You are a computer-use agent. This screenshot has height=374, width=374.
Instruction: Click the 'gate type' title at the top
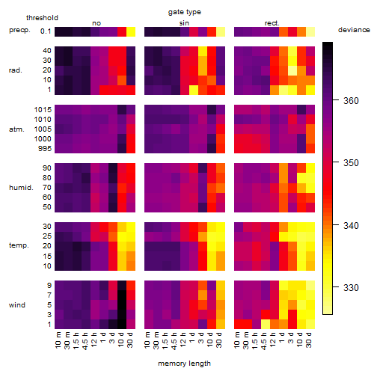(185, 12)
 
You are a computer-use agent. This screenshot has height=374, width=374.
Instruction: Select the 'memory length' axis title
(184, 364)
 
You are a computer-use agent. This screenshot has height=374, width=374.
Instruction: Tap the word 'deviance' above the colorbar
(354, 30)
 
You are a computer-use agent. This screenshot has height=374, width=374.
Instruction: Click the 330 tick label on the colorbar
(351, 288)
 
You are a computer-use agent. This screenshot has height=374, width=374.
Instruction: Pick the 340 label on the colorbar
(351, 226)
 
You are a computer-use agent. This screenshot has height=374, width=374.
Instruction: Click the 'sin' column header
(184, 23)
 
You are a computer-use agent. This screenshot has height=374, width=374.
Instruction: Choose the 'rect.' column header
(272, 23)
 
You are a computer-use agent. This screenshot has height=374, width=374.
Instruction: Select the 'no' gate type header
(96, 23)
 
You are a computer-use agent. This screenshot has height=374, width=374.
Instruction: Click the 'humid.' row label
(21, 188)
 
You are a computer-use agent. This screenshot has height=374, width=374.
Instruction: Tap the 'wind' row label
(17, 305)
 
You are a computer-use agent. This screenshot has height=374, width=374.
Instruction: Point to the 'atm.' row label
(16, 129)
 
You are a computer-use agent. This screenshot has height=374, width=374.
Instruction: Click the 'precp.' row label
(19, 30)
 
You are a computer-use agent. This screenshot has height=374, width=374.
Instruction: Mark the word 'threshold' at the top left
(42, 18)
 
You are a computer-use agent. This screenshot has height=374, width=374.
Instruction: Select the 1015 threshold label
(43, 110)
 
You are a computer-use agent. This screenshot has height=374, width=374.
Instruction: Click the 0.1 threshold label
(46, 31)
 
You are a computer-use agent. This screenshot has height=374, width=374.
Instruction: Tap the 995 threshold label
(45, 149)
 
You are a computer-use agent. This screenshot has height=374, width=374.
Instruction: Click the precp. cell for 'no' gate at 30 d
(131, 32)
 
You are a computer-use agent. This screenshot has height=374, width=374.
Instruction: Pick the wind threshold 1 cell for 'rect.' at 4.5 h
(266, 325)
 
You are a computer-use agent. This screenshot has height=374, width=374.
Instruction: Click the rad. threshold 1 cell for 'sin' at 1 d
(194, 90)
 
